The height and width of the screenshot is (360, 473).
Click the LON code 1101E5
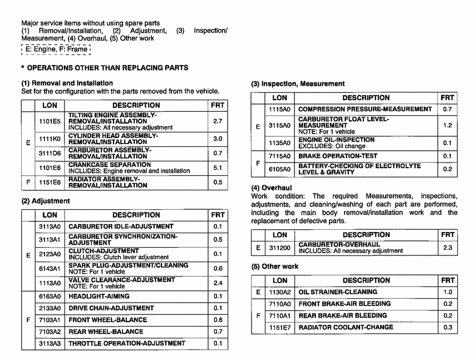(x=50, y=121)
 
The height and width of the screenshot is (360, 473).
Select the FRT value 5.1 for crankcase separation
(x=218, y=167)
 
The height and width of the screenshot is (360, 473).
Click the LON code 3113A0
(x=50, y=226)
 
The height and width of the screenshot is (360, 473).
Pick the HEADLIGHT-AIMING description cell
(x=99, y=297)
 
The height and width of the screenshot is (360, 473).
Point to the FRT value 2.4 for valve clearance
(x=218, y=283)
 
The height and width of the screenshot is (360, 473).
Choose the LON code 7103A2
(x=50, y=332)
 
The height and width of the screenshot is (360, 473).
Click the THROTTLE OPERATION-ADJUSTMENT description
(x=126, y=343)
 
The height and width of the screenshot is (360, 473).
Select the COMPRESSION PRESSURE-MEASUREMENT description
(x=365, y=109)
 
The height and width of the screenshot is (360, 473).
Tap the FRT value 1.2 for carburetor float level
(x=447, y=126)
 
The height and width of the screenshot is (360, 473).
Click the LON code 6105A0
(x=280, y=169)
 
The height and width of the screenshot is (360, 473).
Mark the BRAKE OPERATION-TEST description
(x=338, y=156)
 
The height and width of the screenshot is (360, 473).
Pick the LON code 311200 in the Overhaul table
(x=280, y=248)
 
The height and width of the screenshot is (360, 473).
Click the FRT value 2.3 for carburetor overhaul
(x=447, y=248)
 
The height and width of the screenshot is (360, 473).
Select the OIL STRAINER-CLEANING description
(x=338, y=292)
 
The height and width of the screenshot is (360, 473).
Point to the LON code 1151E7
(x=280, y=327)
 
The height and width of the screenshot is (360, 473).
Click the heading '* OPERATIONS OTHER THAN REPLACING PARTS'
(x=104, y=68)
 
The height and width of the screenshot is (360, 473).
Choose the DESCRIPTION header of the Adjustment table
(x=136, y=215)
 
